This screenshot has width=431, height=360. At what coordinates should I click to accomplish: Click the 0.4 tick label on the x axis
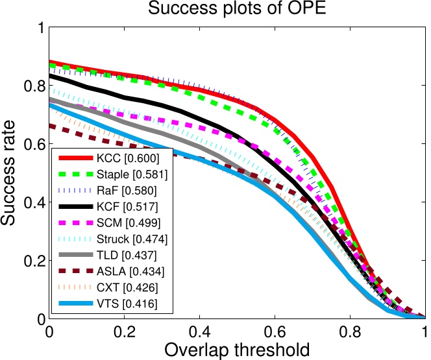(199, 331)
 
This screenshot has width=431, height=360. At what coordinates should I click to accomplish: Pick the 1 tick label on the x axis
(424, 331)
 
